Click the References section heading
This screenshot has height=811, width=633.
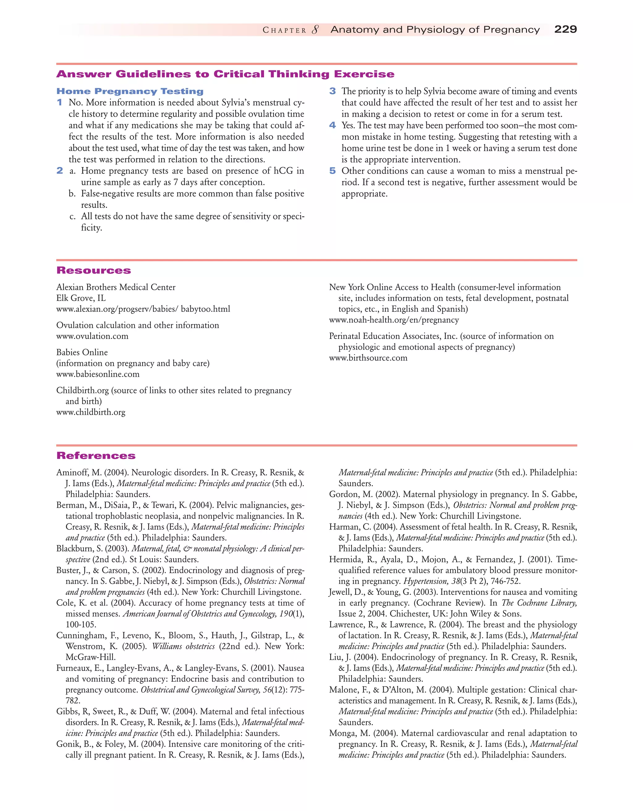coord(96,456)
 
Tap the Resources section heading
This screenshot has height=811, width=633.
coord(94,270)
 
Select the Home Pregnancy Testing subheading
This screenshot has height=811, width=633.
coord(130,91)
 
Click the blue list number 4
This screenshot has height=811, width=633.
coord(333,126)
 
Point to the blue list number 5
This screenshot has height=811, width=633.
coord(333,171)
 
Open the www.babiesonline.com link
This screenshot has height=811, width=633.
coord(98,374)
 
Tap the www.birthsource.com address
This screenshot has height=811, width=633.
coord(368,358)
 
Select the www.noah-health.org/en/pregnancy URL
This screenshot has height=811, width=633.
coord(394,320)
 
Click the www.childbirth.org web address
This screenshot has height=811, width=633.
coord(91,412)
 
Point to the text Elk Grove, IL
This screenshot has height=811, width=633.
coord(81,298)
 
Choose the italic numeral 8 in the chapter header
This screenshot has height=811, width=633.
coord(315,30)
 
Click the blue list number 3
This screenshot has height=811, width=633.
coord(333,91)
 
